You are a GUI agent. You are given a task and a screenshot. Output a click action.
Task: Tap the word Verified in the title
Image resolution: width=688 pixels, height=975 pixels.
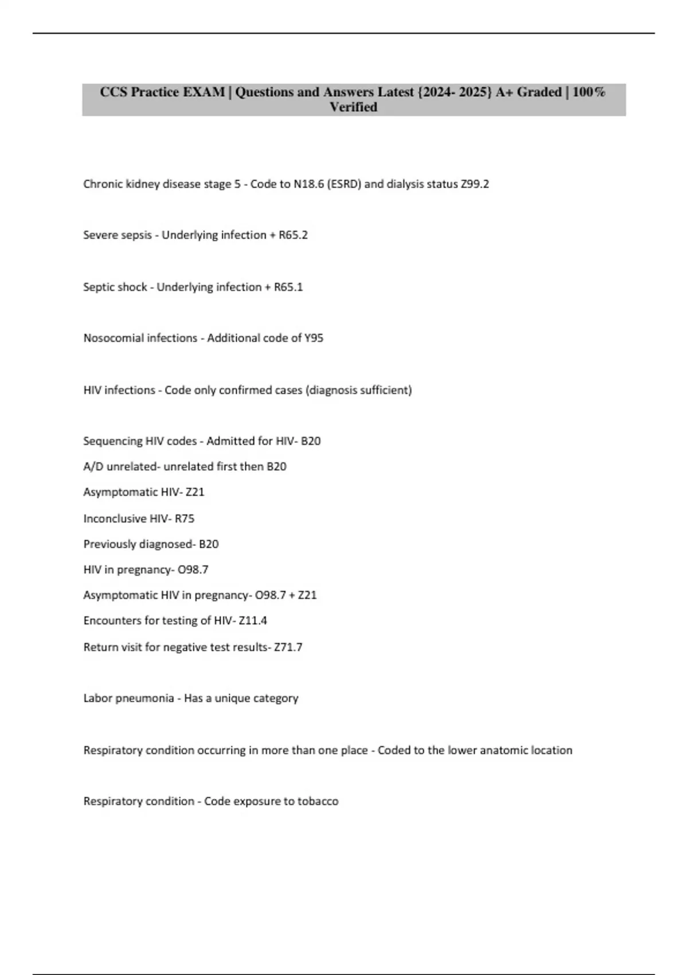[x=353, y=107]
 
